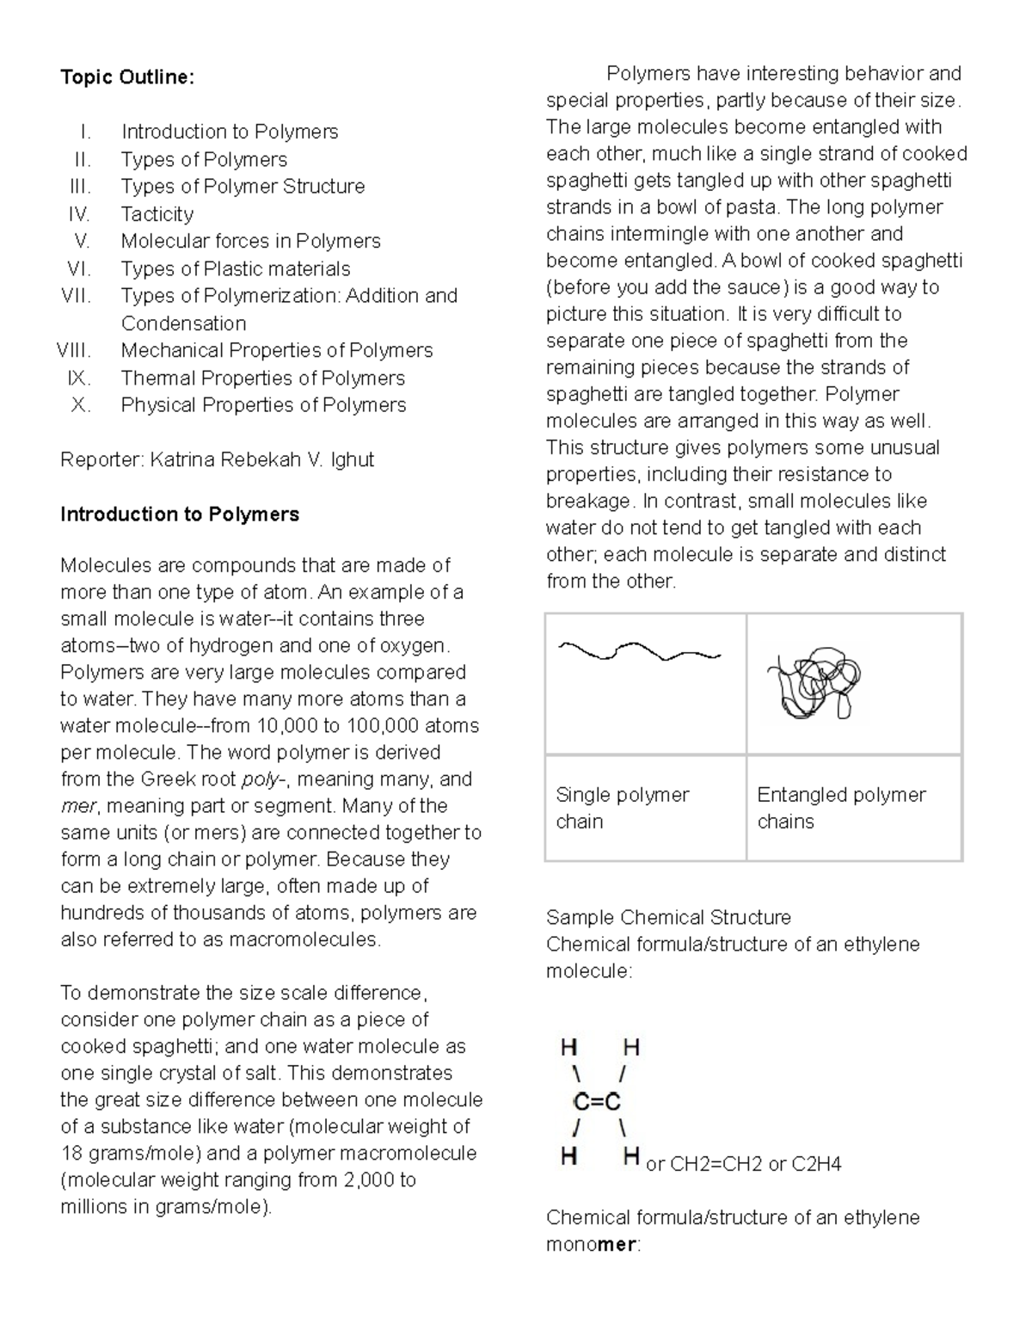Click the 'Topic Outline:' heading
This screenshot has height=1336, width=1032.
pyautogui.click(x=127, y=77)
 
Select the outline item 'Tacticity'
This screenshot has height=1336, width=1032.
pyautogui.click(x=157, y=214)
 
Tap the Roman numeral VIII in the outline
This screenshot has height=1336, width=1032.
pyautogui.click(x=74, y=350)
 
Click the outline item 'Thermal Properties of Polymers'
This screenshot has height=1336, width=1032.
pyautogui.click(x=262, y=378)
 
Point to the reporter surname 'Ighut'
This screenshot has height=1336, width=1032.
pyautogui.click(x=352, y=459)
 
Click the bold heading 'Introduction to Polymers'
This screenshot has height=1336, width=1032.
pyautogui.click(x=180, y=514)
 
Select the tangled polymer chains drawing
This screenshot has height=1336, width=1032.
pyautogui.click(x=814, y=683)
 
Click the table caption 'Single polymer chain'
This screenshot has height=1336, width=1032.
pyautogui.click(x=622, y=808)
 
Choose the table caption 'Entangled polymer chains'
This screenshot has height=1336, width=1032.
pyautogui.click(x=840, y=808)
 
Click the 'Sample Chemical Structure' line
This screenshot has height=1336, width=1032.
pyautogui.click(x=668, y=917)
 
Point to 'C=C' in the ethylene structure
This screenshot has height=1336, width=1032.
pyautogui.click(x=597, y=1101)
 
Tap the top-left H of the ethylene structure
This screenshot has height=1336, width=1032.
pyautogui.click(x=568, y=1047)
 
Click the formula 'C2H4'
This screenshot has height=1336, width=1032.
pyautogui.click(x=816, y=1165)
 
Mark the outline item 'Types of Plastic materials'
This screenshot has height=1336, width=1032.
pyautogui.click(x=236, y=268)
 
